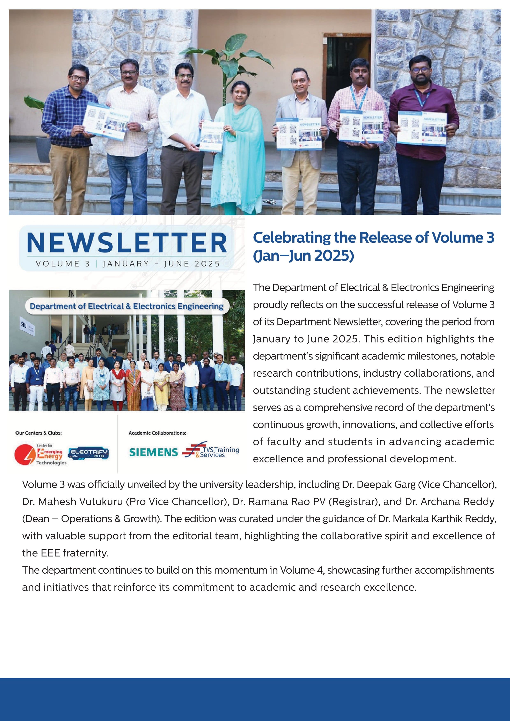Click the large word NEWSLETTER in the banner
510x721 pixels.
click(127, 243)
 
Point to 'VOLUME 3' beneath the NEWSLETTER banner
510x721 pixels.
click(63, 264)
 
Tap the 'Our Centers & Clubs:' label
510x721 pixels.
click(39, 433)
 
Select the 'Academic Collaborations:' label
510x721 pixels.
click(157, 433)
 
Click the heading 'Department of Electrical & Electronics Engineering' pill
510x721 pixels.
click(126, 306)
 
